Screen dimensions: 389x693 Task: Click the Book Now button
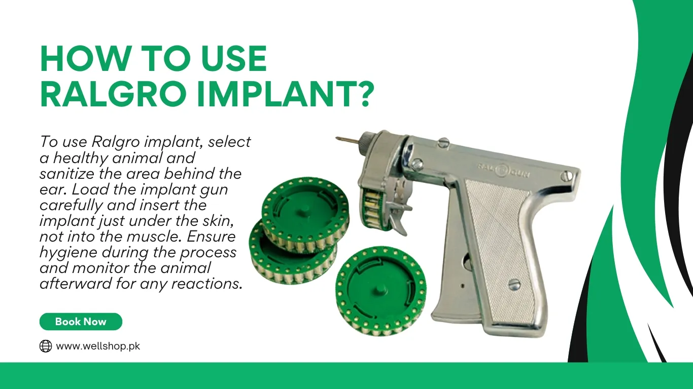(x=81, y=322)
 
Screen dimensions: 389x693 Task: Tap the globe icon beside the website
(x=46, y=346)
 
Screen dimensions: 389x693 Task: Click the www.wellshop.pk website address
(x=97, y=346)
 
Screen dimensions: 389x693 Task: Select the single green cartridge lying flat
(x=380, y=291)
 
